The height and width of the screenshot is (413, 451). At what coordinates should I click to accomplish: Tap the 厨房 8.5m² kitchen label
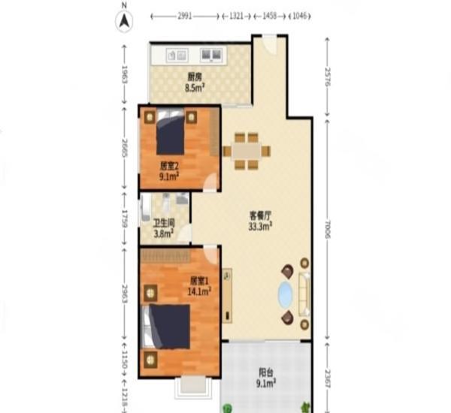[x=195, y=81]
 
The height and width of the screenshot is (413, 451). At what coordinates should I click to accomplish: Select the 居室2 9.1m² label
[x=169, y=171]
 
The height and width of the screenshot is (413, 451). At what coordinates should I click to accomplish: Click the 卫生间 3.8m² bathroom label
[x=164, y=228]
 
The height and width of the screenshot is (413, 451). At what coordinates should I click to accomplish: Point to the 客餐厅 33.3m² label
[x=261, y=219]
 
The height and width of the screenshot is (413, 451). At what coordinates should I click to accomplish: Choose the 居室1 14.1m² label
[x=199, y=286]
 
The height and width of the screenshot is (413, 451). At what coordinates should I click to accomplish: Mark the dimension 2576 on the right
[x=328, y=75]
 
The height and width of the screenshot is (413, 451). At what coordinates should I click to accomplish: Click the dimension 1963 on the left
[x=125, y=75]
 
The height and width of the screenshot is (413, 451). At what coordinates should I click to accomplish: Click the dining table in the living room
[x=246, y=151]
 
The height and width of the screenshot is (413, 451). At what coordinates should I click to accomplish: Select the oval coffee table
[x=286, y=295]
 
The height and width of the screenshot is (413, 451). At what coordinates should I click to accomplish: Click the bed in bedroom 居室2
[x=171, y=134]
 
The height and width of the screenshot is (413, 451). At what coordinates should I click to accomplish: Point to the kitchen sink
[x=212, y=54]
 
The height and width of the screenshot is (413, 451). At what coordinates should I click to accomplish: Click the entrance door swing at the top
[x=269, y=44]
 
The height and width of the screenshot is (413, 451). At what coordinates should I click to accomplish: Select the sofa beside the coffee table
[x=304, y=295]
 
